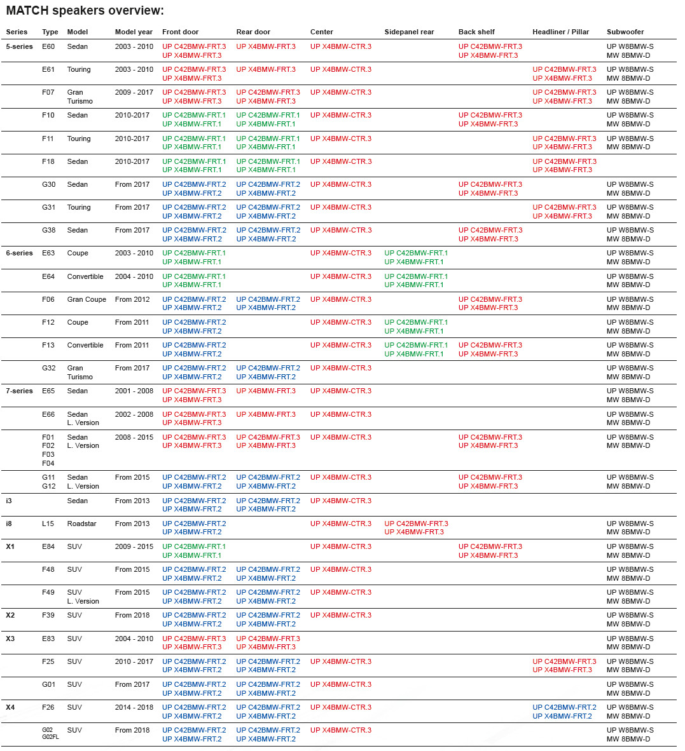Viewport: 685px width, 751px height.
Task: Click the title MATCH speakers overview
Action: point(85,11)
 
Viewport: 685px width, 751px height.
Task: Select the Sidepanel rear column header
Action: point(409,32)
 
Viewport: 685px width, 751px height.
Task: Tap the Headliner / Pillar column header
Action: point(560,32)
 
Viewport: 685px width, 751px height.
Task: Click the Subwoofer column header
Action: point(625,32)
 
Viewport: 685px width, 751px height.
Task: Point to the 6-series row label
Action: point(19,253)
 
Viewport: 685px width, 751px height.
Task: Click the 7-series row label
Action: point(19,391)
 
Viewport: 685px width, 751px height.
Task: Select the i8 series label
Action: point(9,524)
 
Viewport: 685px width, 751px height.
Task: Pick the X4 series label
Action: point(10,707)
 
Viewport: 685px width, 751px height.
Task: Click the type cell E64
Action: point(48,276)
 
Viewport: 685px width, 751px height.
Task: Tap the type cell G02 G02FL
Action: point(50,733)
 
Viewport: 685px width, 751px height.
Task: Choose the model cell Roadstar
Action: point(81,524)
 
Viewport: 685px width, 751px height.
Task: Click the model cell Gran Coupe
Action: point(86,299)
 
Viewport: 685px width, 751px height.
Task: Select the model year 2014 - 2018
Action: point(134,707)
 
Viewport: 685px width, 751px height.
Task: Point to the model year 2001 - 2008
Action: point(134,391)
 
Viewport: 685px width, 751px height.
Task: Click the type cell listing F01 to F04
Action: point(48,450)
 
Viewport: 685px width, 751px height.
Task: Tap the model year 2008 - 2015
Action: point(134,437)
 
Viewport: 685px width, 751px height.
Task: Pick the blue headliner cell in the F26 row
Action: point(564,712)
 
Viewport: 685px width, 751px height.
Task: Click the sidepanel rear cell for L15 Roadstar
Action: point(416,528)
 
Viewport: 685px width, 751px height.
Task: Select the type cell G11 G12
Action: point(48,482)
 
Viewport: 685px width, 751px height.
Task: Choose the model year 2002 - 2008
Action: point(134,414)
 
